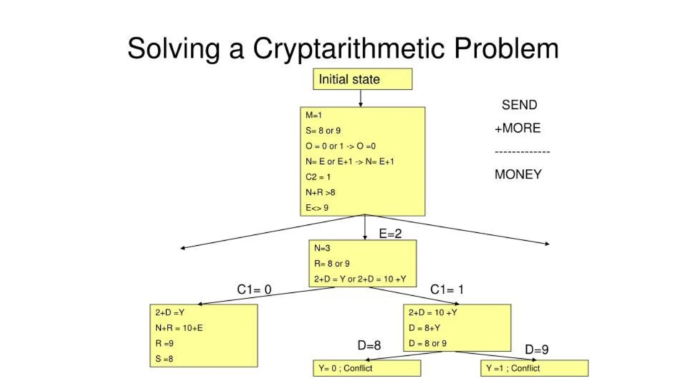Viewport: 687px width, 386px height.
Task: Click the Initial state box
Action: (362, 79)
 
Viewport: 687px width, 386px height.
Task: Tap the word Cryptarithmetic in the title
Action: (349, 49)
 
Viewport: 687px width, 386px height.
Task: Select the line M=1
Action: (314, 115)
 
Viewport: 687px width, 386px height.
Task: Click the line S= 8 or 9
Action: (323, 131)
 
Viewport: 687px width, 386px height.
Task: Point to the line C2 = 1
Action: (318, 177)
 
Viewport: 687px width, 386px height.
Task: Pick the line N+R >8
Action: (320, 192)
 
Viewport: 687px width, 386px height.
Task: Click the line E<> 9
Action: (317, 208)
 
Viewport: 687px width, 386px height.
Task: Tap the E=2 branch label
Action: (390, 234)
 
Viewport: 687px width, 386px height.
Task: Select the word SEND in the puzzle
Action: (519, 105)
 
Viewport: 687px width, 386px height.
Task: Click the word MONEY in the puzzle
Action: (518, 174)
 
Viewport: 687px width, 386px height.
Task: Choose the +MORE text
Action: (518, 128)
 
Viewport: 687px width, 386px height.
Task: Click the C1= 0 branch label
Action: (254, 289)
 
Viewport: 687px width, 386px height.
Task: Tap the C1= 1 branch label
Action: (447, 289)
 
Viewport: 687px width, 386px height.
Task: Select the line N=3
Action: (322, 248)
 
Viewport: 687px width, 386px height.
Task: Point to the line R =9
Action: (164, 343)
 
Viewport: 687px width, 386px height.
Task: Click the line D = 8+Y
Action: (424, 328)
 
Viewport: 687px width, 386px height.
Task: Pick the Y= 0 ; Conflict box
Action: (367, 368)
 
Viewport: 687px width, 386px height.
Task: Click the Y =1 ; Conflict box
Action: (534, 368)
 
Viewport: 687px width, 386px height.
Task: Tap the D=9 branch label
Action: (536, 349)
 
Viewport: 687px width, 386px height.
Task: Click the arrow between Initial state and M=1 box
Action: (361, 98)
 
